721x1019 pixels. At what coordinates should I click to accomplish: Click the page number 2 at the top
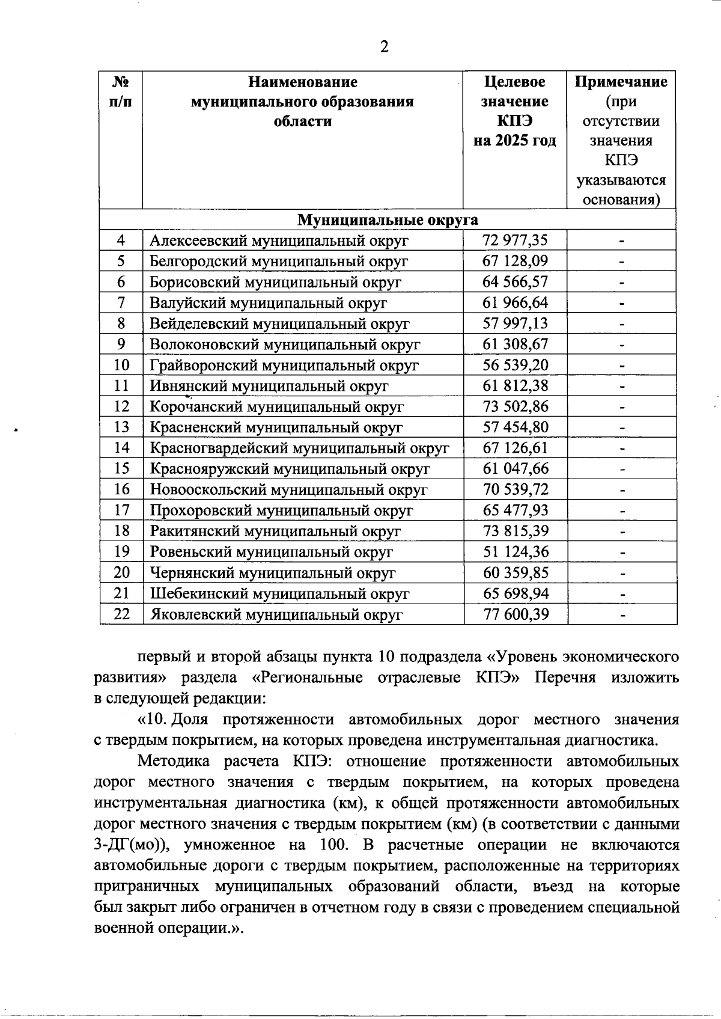(385, 46)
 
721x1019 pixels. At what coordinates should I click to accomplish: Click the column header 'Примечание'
(621, 82)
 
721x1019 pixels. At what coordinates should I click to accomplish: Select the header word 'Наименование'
(302, 82)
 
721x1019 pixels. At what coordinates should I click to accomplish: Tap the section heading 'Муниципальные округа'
(388, 219)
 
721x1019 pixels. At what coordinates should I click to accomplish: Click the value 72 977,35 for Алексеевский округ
(515, 240)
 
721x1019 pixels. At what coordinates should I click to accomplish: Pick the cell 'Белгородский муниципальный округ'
(279, 261)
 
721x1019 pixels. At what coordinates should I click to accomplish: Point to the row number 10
(121, 365)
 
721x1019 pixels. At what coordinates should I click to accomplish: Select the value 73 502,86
(516, 406)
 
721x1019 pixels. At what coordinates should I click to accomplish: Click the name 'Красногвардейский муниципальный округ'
(299, 448)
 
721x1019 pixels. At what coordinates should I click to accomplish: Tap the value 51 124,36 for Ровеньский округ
(516, 552)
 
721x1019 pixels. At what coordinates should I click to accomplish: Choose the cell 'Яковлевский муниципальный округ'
(276, 614)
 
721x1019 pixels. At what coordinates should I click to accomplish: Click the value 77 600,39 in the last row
(516, 614)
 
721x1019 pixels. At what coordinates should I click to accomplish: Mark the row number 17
(121, 510)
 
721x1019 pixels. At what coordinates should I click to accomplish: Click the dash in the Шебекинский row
(622, 594)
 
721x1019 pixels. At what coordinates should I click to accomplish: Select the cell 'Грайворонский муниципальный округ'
(284, 365)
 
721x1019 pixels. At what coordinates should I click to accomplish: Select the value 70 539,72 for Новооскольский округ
(516, 489)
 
